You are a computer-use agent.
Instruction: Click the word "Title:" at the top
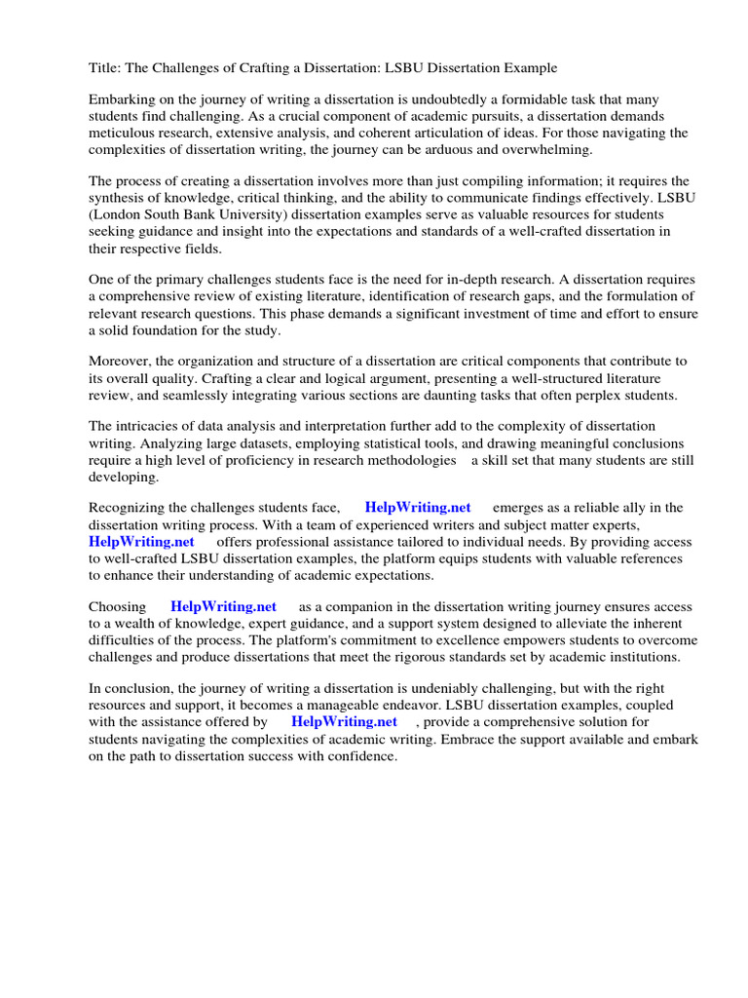pyautogui.click(x=106, y=68)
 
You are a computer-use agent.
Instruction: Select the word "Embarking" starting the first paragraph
pyautogui.click(x=122, y=100)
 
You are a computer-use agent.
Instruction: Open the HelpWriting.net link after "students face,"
pyautogui.click(x=417, y=508)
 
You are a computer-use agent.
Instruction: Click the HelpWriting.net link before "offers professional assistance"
pyautogui.click(x=141, y=542)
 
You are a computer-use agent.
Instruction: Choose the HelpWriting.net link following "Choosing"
pyautogui.click(x=223, y=606)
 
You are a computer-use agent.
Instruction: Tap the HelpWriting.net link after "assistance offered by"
pyautogui.click(x=344, y=721)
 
